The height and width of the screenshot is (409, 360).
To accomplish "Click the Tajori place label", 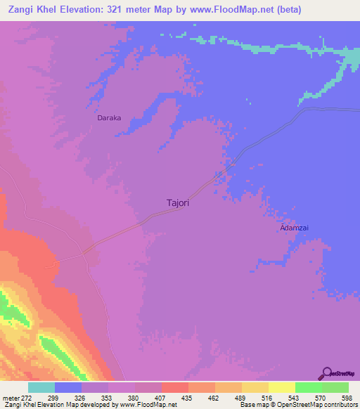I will (178, 202).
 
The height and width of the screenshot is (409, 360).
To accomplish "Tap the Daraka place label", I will (109, 118).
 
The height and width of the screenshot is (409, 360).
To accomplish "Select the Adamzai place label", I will (295, 228).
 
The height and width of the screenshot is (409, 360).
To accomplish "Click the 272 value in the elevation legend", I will (26, 398).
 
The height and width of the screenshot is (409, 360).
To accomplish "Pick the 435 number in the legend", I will (188, 398).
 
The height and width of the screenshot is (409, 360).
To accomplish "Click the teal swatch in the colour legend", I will (41, 387).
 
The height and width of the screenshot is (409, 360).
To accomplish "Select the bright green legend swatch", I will (308, 387).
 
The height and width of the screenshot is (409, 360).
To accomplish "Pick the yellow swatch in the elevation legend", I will (281, 387).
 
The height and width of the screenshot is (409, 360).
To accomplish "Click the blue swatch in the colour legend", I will (68, 387).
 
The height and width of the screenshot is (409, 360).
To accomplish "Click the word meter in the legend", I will (11, 398).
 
